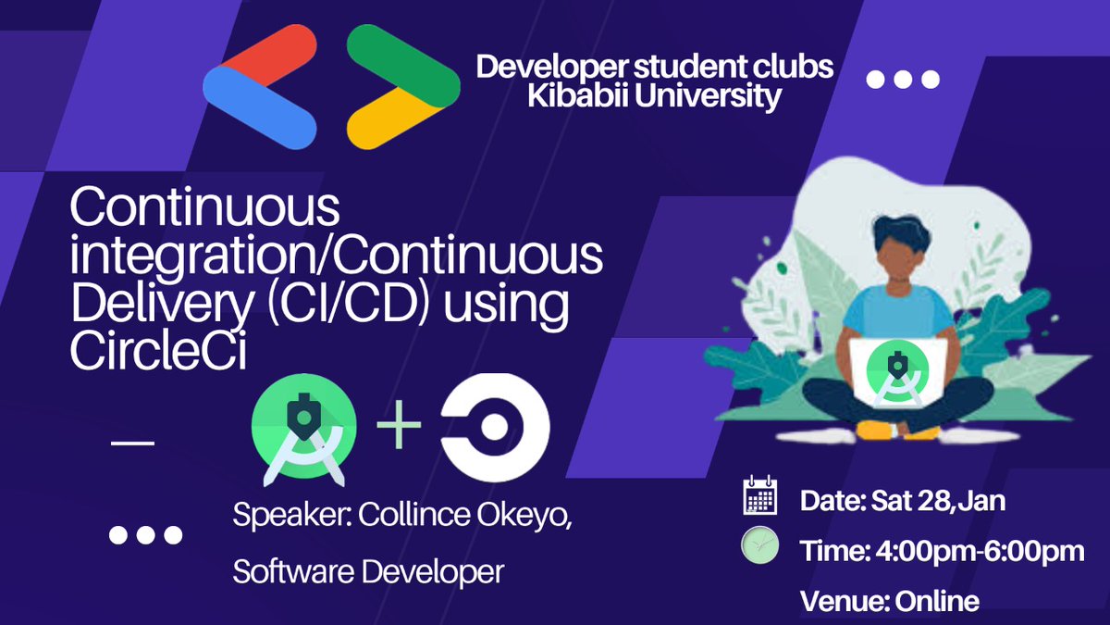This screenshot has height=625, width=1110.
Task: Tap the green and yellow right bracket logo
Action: pyautogui.click(x=402, y=89)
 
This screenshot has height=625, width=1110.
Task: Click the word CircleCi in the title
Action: pyautogui.click(x=158, y=354)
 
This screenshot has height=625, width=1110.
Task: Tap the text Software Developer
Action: pyautogui.click(x=368, y=571)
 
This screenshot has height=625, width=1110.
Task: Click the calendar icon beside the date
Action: pyautogui.click(x=759, y=497)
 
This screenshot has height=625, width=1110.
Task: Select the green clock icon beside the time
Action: pyautogui.click(x=759, y=546)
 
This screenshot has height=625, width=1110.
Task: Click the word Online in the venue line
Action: pyautogui.click(x=936, y=601)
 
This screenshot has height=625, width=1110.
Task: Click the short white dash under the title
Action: pyautogui.click(x=132, y=444)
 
